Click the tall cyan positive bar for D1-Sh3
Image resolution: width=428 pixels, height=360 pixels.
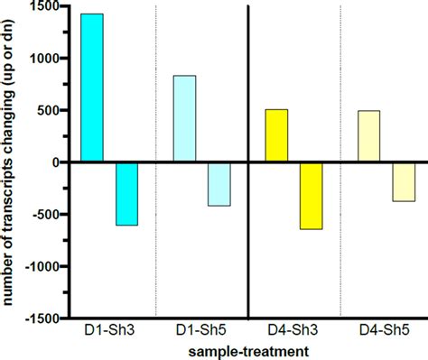coord(92,88)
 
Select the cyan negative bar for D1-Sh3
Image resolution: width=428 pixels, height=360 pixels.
coord(126,193)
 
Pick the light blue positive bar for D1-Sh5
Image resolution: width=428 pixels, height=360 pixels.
coord(184,118)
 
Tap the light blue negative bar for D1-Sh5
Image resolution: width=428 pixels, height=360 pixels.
coord(219,184)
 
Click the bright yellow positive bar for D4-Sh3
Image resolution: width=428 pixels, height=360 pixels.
coord(276,135)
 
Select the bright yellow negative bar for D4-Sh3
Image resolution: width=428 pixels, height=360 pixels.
coord(311,196)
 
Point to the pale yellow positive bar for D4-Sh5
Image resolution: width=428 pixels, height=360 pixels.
coord(368,136)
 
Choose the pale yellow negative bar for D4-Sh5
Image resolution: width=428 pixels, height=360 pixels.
coord(403,181)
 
